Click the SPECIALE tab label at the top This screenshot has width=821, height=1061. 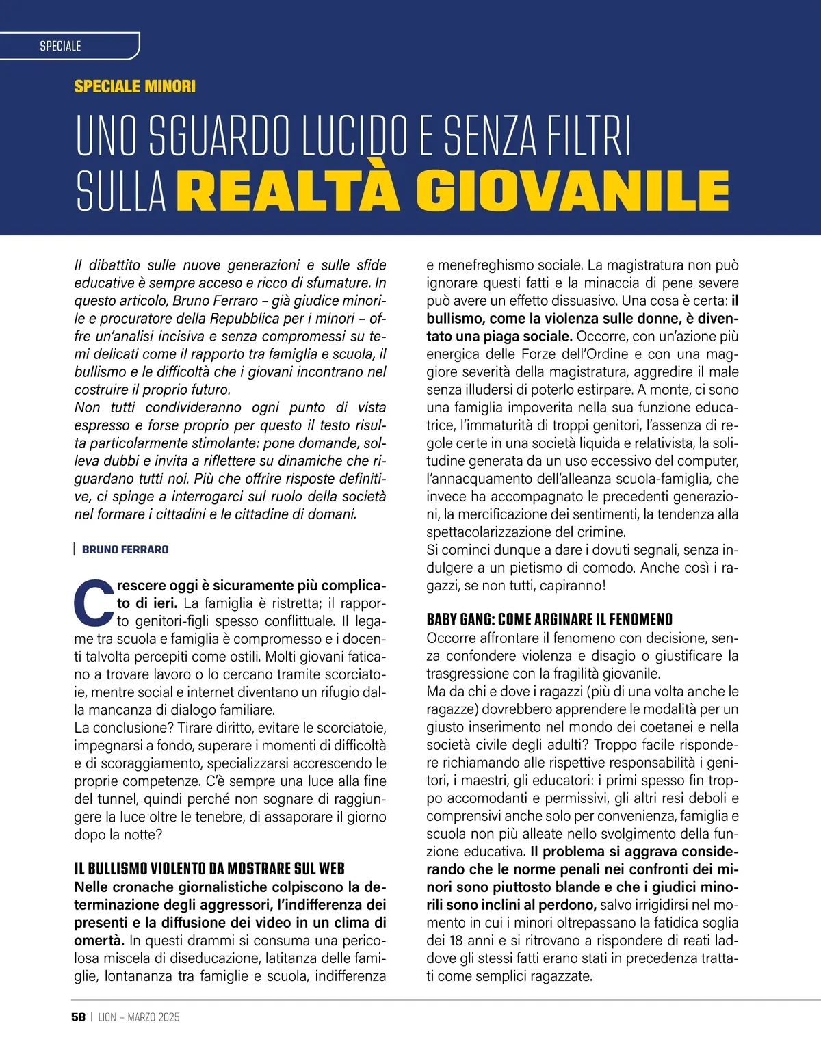(x=60, y=46)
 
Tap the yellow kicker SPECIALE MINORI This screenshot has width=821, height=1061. (x=135, y=86)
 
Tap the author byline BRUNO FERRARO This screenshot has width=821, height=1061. (x=125, y=549)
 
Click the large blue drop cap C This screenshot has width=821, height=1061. (x=93, y=603)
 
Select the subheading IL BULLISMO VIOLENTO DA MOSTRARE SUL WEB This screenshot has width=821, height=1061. (x=209, y=869)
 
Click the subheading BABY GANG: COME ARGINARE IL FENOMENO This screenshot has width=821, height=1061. (x=549, y=620)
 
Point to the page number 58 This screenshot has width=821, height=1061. (x=78, y=1017)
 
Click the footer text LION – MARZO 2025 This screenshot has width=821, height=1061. (x=139, y=1017)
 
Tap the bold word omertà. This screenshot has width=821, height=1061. (x=99, y=941)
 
